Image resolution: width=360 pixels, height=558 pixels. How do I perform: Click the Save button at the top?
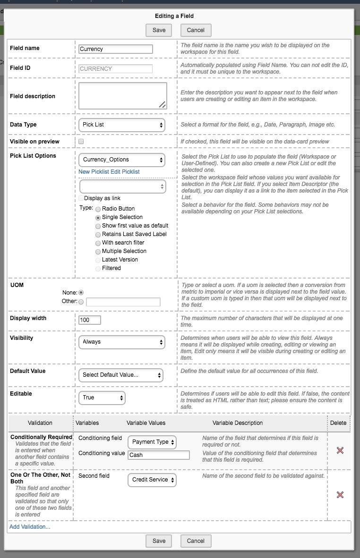click(x=159, y=30)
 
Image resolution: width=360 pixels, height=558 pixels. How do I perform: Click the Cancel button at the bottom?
click(x=196, y=541)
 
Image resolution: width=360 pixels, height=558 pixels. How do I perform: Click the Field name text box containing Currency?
click(x=116, y=49)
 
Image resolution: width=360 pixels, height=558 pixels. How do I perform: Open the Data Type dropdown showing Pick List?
click(x=121, y=125)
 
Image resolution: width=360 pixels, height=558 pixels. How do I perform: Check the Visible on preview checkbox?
click(x=81, y=142)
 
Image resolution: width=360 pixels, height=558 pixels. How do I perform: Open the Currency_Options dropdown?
click(x=121, y=160)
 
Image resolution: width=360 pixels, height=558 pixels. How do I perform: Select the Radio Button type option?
click(x=98, y=209)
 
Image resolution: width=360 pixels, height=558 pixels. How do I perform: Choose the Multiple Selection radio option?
click(x=98, y=252)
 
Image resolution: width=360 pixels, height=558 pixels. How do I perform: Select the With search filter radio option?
click(x=98, y=243)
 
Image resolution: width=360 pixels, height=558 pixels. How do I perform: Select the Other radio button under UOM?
click(x=81, y=302)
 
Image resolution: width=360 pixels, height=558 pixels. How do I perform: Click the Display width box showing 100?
click(x=90, y=320)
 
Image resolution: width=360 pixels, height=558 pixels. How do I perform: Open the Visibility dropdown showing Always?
click(x=121, y=342)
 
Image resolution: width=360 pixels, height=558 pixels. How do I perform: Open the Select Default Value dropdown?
click(x=120, y=375)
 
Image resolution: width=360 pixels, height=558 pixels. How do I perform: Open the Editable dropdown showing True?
click(x=102, y=397)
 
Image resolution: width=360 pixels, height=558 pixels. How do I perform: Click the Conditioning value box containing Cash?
click(x=158, y=455)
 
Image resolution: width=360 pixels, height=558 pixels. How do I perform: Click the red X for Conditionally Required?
click(x=340, y=450)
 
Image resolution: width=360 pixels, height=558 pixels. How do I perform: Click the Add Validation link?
click(x=30, y=526)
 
